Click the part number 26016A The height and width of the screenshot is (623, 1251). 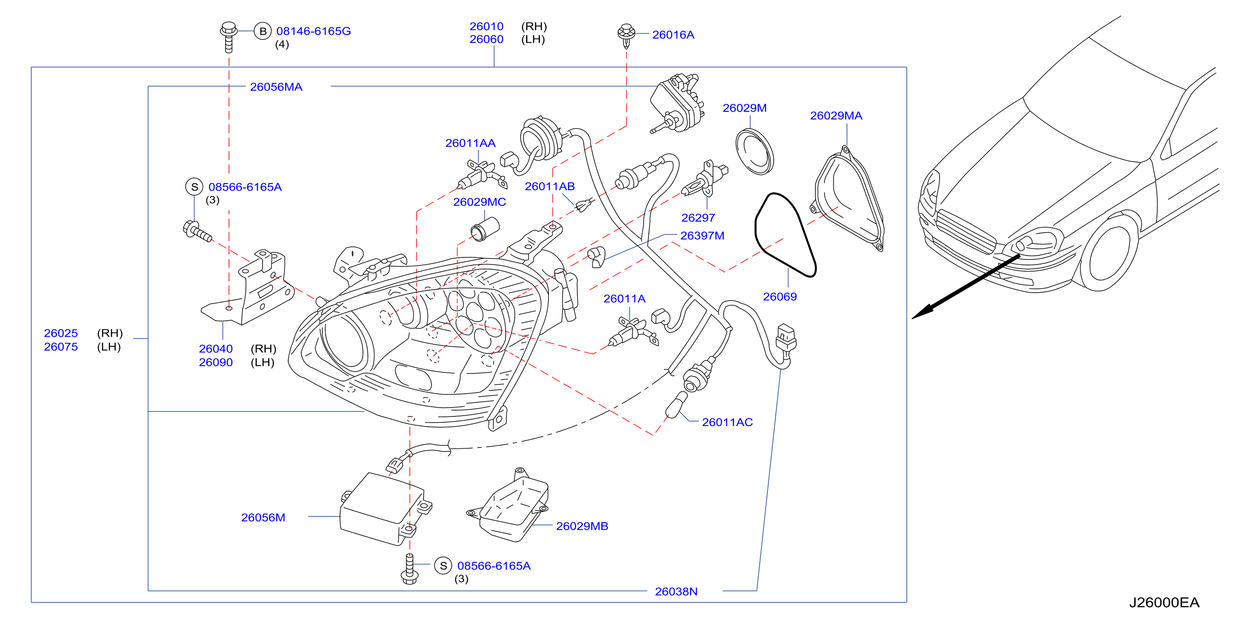673,35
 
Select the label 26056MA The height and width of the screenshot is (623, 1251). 276,87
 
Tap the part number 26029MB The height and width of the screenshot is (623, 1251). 582,526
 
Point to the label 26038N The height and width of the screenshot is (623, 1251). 676,592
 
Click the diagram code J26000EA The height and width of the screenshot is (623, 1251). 1164,602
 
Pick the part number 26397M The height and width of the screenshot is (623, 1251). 702,236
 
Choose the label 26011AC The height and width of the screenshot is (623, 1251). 727,422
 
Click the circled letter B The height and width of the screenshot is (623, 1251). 263,31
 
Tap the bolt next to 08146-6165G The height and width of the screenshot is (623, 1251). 229,37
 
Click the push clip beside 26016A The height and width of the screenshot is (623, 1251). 627,35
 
